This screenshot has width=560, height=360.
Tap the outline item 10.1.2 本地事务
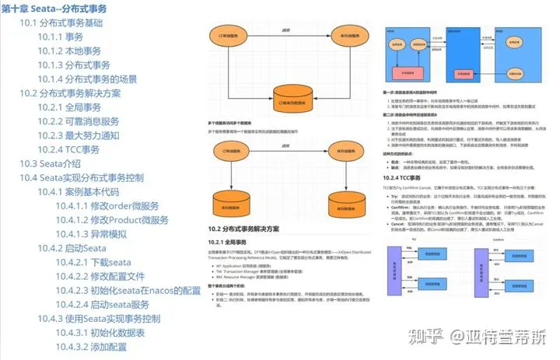70,51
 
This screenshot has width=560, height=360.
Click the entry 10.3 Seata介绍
50,163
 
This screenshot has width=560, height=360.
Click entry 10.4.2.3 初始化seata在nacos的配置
128,290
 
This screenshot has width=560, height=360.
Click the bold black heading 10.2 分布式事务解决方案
248,229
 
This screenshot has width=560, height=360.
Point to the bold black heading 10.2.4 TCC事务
408,177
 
